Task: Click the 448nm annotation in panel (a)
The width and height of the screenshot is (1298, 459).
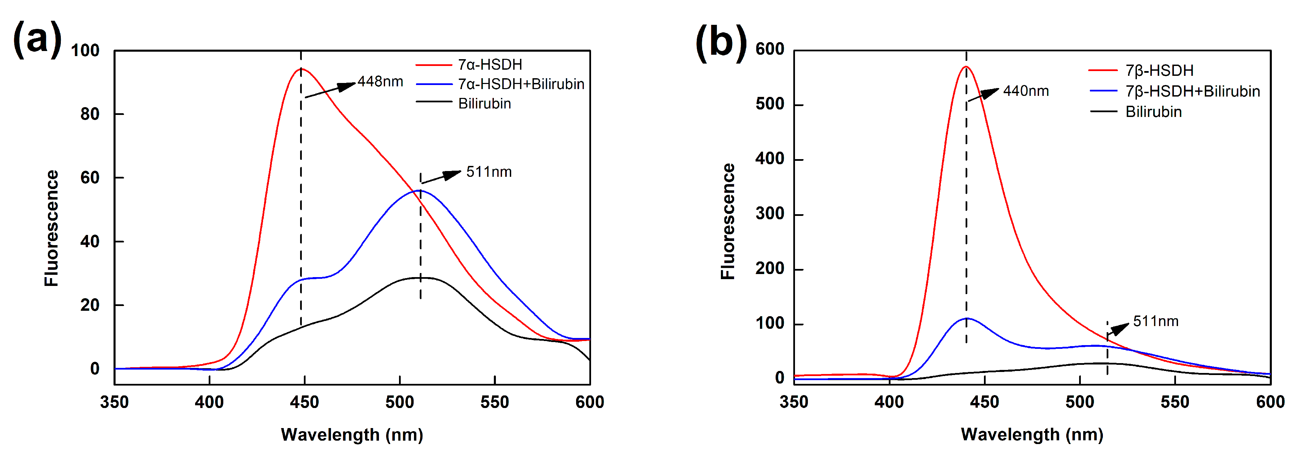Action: point(380,82)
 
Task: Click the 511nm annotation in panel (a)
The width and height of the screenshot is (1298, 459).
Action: point(488,172)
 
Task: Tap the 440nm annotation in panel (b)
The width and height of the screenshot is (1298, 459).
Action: point(1025,91)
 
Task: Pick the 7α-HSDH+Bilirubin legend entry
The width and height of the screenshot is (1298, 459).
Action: point(521,84)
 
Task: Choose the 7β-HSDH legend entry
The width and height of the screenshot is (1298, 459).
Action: point(1159,70)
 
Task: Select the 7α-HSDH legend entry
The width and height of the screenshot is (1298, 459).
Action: point(489,65)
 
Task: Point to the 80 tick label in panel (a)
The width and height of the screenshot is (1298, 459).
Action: point(90,114)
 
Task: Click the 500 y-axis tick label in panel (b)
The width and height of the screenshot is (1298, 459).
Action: point(769,104)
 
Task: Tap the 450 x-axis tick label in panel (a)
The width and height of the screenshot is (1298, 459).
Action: point(304,403)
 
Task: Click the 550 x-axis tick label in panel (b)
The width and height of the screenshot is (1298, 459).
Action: point(1175,402)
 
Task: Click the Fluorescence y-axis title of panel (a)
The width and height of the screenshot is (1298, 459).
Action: point(51,228)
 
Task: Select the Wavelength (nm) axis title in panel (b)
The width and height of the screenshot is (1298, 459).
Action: point(1032,434)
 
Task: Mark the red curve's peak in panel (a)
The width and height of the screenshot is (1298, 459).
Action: point(301,69)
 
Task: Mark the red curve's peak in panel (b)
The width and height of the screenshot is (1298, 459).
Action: point(966,67)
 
